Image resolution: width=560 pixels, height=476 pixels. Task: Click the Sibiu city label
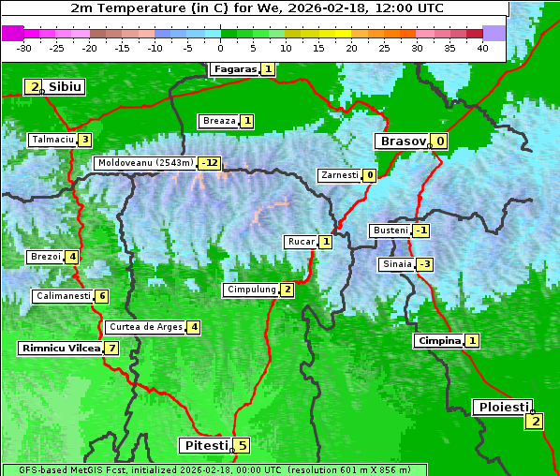click(65, 87)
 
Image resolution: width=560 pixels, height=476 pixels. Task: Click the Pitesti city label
click(204, 445)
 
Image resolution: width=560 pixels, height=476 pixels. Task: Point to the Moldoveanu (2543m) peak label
click(146, 163)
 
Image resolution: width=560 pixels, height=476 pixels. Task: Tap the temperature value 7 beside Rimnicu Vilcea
click(111, 348)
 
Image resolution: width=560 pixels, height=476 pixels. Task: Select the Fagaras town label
click(234, 69)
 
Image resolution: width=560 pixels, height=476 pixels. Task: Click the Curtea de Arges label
click(144, 327)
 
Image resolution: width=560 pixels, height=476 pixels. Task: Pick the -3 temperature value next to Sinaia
click(425, 264)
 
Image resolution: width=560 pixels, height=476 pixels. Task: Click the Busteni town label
click(390, 231)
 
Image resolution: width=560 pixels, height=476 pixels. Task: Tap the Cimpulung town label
click(251, 290)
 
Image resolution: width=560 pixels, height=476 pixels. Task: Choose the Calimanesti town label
click(63, 296)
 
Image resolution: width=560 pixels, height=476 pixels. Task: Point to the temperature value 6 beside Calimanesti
click(102, 296)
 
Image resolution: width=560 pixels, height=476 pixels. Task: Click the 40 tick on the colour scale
click(482, 48)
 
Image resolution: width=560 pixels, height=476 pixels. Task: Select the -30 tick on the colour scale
click(24, 48)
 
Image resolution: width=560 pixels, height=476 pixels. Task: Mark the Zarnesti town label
click(339, 175)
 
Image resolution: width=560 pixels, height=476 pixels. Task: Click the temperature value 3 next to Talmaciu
click(85, 140)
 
